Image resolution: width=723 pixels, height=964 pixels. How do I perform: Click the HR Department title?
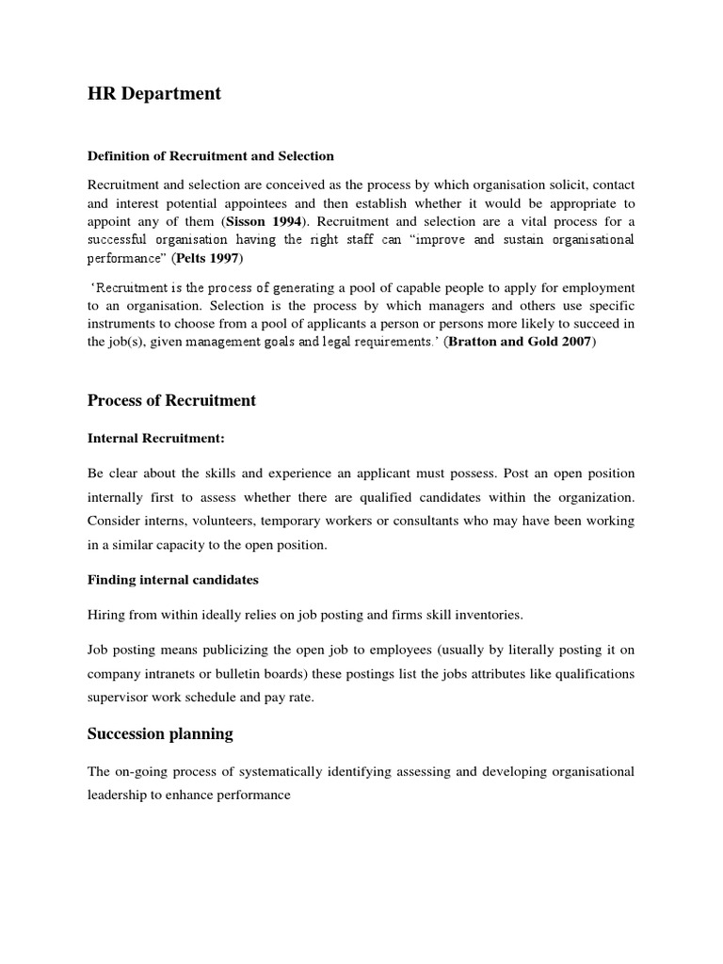pos(154,94)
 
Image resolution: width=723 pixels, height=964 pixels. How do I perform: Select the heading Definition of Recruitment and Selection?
pos(211,155)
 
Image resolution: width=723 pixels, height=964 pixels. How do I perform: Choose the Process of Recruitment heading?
pos(171,400)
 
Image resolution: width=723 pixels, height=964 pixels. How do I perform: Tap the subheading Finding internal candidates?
pos(173,579)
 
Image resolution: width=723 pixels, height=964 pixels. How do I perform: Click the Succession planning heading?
pos(160,733)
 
